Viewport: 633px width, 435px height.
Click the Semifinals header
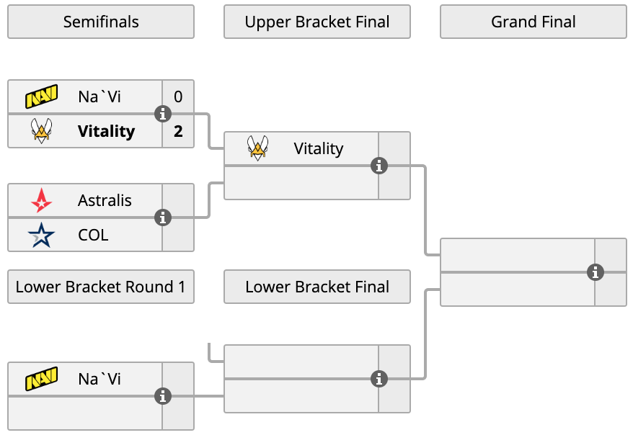coord(101,22)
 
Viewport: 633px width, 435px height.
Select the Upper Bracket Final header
coord(317,22)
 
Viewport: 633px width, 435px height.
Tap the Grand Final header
coord(534,22)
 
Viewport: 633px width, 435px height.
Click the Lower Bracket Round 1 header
coord(101,287)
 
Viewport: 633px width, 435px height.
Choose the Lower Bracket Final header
coord(317,287)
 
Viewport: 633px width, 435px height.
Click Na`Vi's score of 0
coord(178,97)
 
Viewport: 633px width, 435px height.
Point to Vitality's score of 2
coord(178,131)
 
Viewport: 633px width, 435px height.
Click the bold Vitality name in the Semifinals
coord(106,131)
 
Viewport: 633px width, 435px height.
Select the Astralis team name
coord(105,200)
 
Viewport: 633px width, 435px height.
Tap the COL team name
coord(93,235)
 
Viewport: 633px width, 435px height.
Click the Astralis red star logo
coord(42,200)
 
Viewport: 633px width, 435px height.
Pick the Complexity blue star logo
coord(41,235)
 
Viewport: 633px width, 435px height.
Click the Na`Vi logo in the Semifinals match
coord(42,97)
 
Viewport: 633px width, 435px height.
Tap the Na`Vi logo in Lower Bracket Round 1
coord(42,379)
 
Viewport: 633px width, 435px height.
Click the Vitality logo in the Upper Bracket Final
coord(257,148)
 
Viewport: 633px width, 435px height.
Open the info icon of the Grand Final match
coord(596,272)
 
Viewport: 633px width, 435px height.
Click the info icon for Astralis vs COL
coord(163,217)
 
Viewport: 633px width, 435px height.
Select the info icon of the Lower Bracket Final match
coord(379,379)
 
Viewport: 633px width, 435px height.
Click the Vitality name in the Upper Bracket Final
coord(319,149)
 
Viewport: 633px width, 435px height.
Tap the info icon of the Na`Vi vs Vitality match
coord(163,114)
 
